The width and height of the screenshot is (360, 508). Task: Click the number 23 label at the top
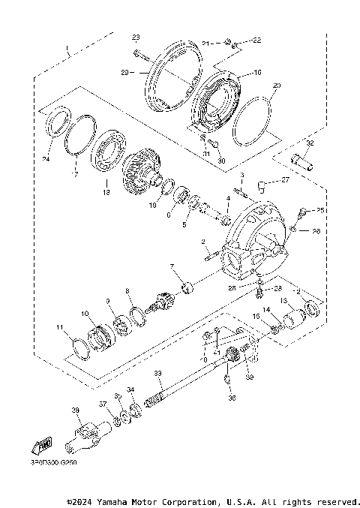136,38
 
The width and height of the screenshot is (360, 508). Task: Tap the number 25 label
320,211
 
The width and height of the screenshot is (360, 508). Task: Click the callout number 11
60,328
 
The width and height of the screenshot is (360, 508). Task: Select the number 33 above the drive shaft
157,373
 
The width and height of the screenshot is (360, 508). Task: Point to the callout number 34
130,390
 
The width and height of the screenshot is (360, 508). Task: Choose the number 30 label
220,161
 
